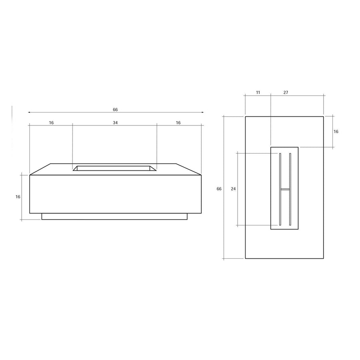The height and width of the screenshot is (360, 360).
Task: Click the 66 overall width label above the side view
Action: coord(115,110)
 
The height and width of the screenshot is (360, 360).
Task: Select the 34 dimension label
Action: coord(115,123)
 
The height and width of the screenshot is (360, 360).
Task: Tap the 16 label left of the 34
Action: coord(51,123)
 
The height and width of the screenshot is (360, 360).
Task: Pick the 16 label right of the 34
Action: coord(178,123)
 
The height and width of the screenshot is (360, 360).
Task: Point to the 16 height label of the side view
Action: coord(18,197)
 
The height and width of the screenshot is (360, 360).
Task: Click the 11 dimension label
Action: coord(258,92)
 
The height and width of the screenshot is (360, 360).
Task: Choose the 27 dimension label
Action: coord(286,92)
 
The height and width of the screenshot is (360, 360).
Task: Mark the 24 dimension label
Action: coord(233,189)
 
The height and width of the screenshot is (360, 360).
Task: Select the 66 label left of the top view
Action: coord(219,189)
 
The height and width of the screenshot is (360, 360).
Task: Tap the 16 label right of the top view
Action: coord(336,132)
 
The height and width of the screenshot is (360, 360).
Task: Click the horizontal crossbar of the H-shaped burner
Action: coord(285,188)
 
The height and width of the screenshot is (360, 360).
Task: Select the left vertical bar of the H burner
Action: coord(280,188)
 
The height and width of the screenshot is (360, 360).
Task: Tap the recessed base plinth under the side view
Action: coord(114,216)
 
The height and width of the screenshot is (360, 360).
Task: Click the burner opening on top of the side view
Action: coord(114,168)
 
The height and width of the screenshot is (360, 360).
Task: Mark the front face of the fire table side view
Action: coord(115,194)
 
